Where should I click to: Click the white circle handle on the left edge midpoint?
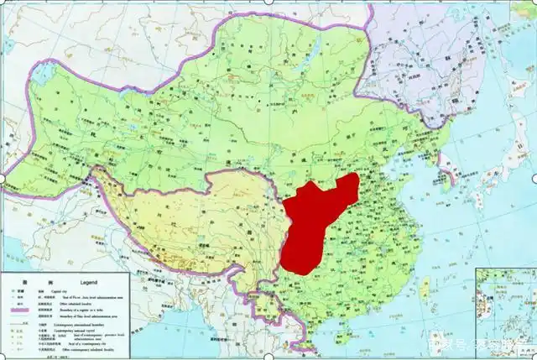tap(3, 178)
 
